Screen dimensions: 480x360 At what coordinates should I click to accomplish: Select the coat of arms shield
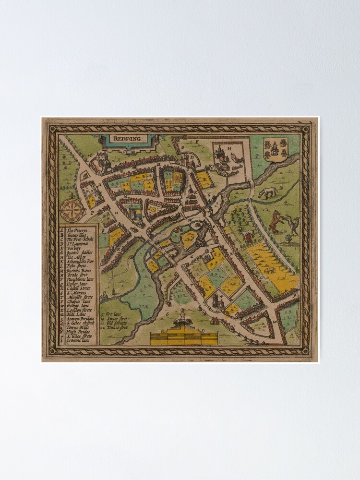[x=276, y=149]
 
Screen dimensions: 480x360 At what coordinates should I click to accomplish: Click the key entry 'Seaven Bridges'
[x=80, y=319]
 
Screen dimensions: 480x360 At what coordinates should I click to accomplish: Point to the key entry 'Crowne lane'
[x=77, y=341]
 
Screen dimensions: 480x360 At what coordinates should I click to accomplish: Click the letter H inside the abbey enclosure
[x=229, y=148]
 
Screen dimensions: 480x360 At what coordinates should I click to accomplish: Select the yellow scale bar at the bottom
[x=184, y=339]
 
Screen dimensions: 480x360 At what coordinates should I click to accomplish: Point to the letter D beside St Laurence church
[x=192, y=156]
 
